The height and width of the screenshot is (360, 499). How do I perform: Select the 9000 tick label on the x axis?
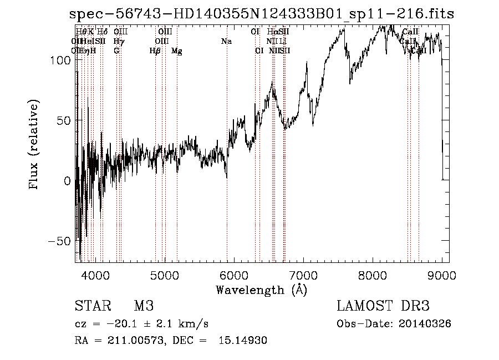pyautogui.click(x=442, y=275)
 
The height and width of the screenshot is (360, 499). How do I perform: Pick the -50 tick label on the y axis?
pyautogui.click(x=59, y=241)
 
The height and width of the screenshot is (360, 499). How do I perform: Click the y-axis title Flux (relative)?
pyautogui.click(x=34, y=145)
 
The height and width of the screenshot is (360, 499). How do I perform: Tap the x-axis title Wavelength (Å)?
pyautogui.click(x=262, y=290)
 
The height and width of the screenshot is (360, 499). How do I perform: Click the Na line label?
pyautogui.click(x=226, y=42)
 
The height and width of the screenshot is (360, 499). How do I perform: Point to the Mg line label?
pyautogui.click(x=177, y=51)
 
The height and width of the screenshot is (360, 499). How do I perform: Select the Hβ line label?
pyautogui.click(x=155, y=51)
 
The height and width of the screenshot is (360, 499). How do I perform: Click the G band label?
pyautogui.click(x=116, y=51)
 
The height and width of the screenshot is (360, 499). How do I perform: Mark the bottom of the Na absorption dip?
pyautogui.click(x=227, y=178)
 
